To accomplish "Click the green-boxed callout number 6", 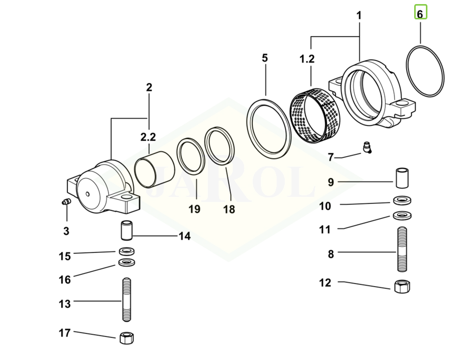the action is point(421,12).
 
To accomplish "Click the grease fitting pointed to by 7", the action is point(367,147).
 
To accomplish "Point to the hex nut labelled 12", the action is point(402,286).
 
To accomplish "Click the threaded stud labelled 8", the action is point(402,249).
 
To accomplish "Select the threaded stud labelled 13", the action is point(126,299).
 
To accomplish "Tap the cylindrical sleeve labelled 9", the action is point(402,178).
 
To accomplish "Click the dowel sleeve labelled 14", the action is point(127,230).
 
